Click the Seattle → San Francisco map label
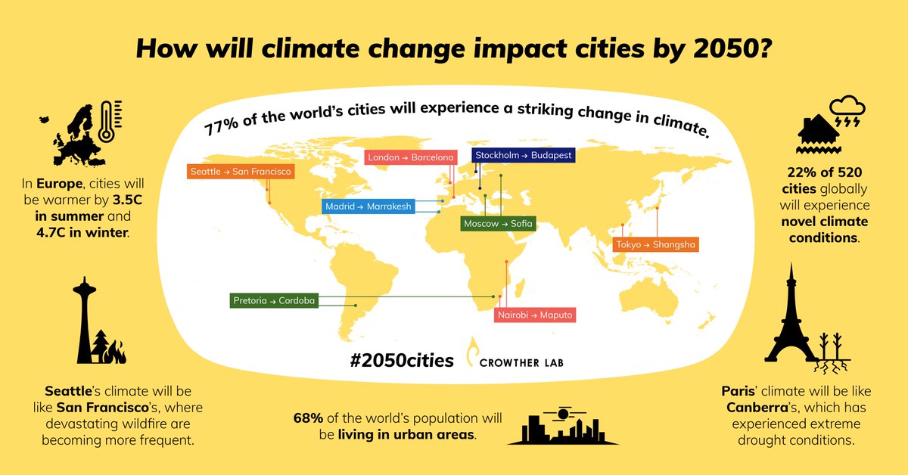pyautogui.click(x=241, y=172)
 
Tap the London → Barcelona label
pyautogui.click(x=411, y=157)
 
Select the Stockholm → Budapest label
pyautogui.click(x=524, y=155)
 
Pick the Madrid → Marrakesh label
pyautogui.click(x=368, y=206)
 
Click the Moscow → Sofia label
pyautogui.click(x=498, y=224)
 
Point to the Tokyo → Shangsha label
pyautogui.click(x=655, y=244)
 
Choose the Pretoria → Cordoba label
pyautogui.click(x=274, y=301)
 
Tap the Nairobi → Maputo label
pyautogui.click(x=535, y=315)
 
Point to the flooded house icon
pyautogui.click(x=819, y=134)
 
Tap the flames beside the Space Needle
pyautogui.click(x=115, y=352)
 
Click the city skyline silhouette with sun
pyautogui.click(x=563, y=426)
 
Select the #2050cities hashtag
pyautogui.click(x=402, y=360)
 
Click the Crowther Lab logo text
pyautogui.click(x=521, y=363)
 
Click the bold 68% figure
pyautogui.click(x=308, y=418)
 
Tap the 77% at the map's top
pyautogui.click(x=221, y=126)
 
